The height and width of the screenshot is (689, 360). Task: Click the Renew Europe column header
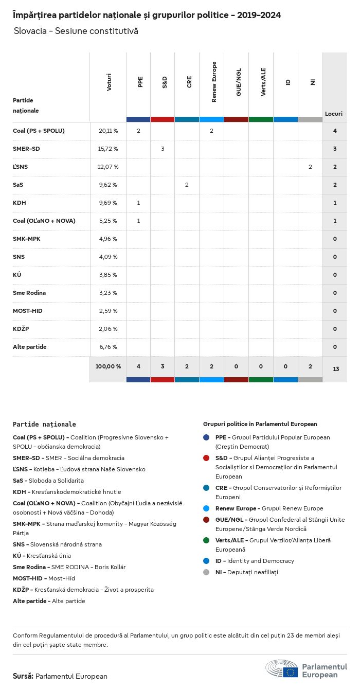click(214, 82)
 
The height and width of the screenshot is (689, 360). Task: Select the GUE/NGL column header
click(239, 82)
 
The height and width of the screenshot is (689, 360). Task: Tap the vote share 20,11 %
click(108, 131)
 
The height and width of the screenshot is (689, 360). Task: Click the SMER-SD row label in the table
click(26, 149)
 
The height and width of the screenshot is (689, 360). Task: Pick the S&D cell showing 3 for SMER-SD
click(163, 149)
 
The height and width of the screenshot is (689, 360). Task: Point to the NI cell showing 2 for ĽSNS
click(310, 167)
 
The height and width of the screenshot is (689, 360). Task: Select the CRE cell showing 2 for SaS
click(187, 185)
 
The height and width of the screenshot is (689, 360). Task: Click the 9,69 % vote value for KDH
click(108, 203)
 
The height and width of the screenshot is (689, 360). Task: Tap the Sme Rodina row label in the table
click(29, 293)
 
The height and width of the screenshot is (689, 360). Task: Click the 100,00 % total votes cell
click(108, 366)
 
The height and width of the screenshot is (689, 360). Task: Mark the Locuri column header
click(334, 114)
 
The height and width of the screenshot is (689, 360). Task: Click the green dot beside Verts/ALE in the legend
click(206, 540)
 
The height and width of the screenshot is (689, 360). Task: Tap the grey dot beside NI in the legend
click(206, 572)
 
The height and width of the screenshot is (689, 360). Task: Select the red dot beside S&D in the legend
click(206, 458)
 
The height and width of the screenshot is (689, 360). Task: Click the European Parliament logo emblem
click(282, 669)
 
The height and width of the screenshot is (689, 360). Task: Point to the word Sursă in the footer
click(23, 676)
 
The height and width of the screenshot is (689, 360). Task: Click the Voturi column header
click(109, 82)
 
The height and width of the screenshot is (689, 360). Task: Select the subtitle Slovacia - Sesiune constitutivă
click(76, 31)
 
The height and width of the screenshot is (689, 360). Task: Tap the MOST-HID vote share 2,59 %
click(108, 311)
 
